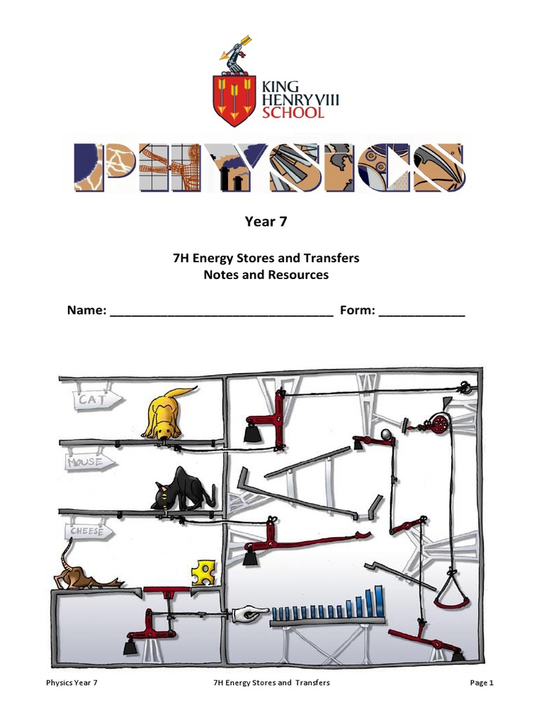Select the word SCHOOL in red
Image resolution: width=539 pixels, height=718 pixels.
click(293, 113)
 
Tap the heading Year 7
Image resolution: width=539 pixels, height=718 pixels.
click(266, 222)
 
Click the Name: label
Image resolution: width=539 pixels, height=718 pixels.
click(86, 311)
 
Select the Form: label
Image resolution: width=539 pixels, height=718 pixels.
click(357, 311)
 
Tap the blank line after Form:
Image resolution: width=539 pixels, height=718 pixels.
click(421, 312)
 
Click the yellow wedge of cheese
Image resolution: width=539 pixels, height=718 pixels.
click(204, 571)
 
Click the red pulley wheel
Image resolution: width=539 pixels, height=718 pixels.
click(438, 423)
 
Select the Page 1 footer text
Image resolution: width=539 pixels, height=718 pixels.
click(482, 682)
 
